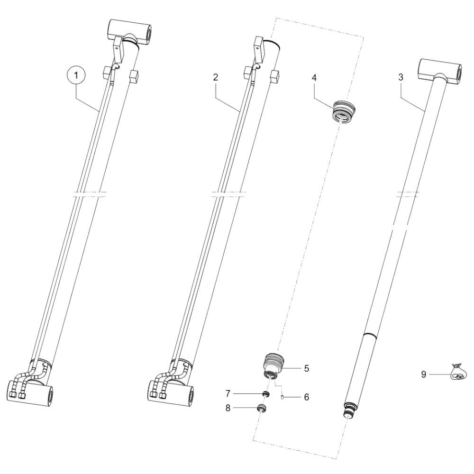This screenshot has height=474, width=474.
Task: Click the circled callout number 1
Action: pyautogui.click(x=76, y=75)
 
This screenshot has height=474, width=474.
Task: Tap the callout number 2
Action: pyautogui.click(x=215, y=77)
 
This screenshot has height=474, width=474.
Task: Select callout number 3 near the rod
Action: pyautogui.click(x=401, y=77)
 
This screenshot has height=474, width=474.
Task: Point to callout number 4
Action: pyautogui.click(x=314, y=78)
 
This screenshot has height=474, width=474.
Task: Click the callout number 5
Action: pyautogui.click(x=307, y=368)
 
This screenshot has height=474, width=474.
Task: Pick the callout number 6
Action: pyautogui.click(x=307, y=397)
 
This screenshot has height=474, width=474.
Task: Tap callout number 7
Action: pyautogui.click(x=228, y=393)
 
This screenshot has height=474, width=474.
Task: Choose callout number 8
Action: pyautogui.click(x=228, y=408)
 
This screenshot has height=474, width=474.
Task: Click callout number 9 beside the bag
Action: pyautogui.click(x=423, y=374)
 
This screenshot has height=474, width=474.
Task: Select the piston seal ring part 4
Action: pyautogui.click(x=344, y=111)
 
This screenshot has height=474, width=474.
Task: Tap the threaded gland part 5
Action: pyautogui.click(x=273, y=365)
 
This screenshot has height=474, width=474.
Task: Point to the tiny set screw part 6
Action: pyautogui.click(x=282, y=398)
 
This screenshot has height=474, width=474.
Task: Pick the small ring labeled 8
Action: pyautogui.click(x=261, y=408)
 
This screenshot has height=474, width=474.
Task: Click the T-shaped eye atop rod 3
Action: pyautogui.click(x=439, y=72)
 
